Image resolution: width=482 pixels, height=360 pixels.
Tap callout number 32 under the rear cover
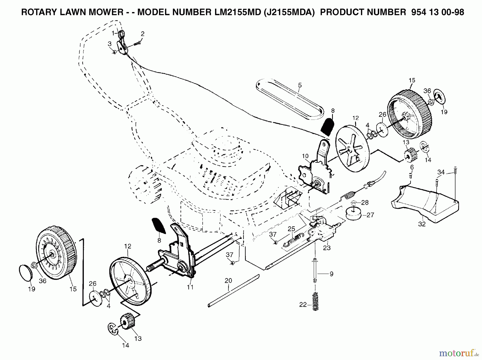click(x=422, y=224)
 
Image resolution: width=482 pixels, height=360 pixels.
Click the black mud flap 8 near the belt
click(x=327, y=127)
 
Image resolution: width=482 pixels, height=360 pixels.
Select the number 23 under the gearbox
click(x=327, y=248)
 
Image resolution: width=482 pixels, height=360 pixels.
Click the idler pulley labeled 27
click(x=353, y=214)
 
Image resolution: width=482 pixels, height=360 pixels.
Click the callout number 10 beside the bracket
click(x=305, y=156)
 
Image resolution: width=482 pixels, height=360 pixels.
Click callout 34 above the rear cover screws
click(x=441, y=172)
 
